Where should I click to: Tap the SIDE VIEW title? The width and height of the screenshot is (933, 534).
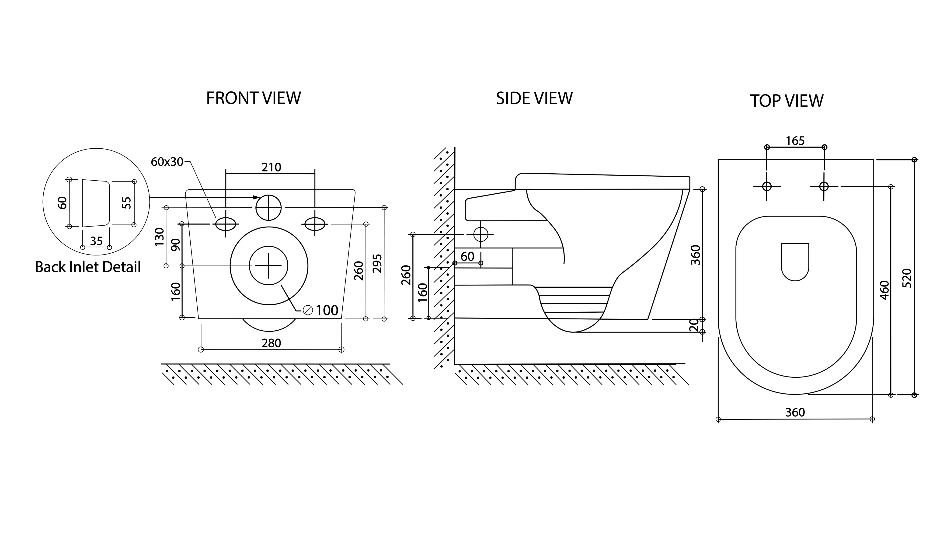pos(534,98)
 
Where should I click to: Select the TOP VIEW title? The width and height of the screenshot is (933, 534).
pos(787,101)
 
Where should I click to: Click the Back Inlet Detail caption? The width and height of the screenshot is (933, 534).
pos(88,267)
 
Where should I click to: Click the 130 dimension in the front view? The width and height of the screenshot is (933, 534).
pos(160,237)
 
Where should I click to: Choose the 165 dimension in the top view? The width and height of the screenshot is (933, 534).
pos(795,141)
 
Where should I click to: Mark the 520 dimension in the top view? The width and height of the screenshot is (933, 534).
pos(906,278)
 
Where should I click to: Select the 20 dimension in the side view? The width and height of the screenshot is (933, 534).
pos(694,325)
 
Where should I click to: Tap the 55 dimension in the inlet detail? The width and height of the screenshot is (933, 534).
pos(126,203)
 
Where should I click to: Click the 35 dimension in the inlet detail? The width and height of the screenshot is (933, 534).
pos(96,241)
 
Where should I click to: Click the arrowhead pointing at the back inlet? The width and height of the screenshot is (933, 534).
pos(257,197)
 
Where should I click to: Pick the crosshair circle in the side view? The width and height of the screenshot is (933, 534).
pos(481,234)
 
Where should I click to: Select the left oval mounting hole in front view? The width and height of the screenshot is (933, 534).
pos(226,224)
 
